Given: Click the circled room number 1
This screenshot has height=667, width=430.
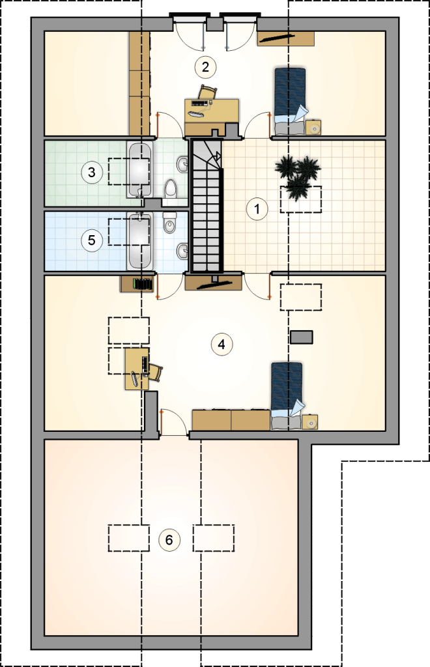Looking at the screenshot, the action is (257, 209).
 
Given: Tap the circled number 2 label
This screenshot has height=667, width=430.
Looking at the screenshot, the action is (205, 66).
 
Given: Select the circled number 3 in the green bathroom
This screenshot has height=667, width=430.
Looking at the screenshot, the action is (92, 173).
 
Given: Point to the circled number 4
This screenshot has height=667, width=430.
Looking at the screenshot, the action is (222, 344).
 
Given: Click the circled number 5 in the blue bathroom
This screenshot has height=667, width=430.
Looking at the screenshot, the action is (92, 240).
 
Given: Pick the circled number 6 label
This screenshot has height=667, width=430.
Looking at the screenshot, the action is (169, 540).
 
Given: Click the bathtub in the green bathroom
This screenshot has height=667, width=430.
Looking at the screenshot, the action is (139, 170).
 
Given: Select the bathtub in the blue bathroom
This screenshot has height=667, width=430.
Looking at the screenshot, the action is (139, 240).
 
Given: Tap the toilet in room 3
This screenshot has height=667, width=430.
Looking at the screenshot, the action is (171, 190).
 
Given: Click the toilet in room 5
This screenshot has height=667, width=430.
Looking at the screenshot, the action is (169, 223).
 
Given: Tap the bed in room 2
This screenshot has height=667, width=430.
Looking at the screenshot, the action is (290, 101).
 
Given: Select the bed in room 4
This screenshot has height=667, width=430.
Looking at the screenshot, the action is (287, 395).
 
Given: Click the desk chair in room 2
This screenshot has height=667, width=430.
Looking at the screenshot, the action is (208, 92).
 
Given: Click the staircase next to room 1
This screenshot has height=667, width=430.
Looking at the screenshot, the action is (207, 206).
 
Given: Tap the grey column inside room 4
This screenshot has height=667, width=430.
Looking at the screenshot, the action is (302, 337).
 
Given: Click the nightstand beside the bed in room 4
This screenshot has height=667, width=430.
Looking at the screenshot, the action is (310, 422).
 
